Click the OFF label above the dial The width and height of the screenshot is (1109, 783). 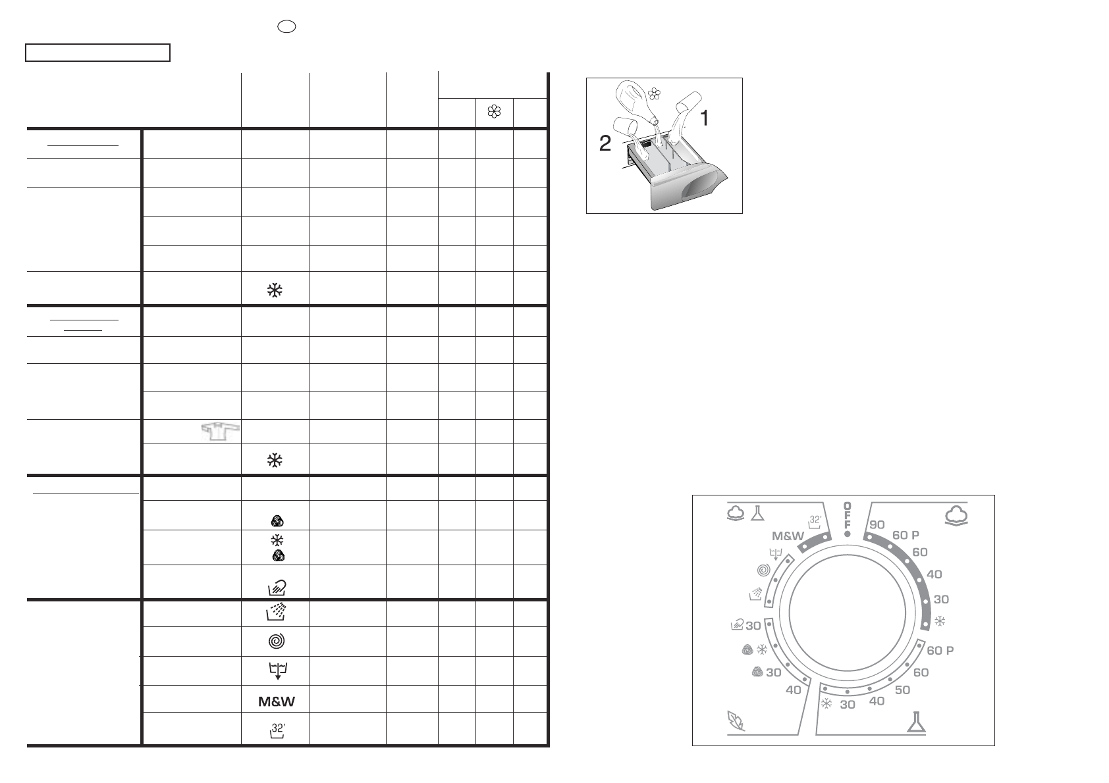(x=847, y=515)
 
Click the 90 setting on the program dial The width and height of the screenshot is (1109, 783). (x=877, y=525)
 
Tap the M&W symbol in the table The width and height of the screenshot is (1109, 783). (x=276, y=701)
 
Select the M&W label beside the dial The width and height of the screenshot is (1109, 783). (x=788, y=536)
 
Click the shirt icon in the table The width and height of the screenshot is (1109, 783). (x=221, y=432)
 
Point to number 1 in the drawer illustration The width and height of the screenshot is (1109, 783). (x=704, y=118)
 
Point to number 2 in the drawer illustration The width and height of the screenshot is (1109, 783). (x=605, y=143)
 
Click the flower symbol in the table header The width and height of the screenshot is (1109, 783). (x=494, y=111)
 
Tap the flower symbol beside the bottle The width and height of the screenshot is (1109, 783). (x=654, y=93)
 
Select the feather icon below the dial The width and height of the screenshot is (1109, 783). (x=736, y=720)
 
